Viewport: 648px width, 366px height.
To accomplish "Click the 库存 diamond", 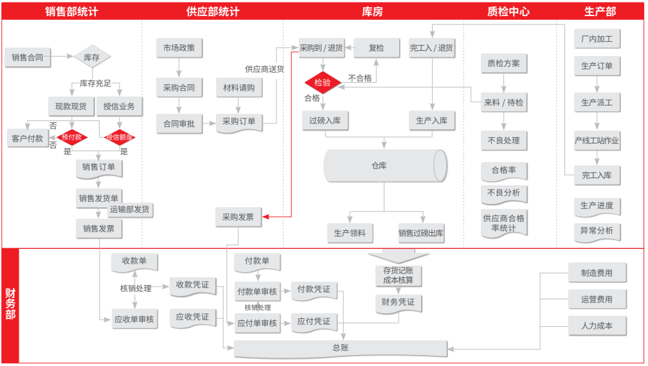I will pyautogui.click(x=92, y=57).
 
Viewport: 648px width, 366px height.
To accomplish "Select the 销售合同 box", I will pyautogui.click(x=28, y=57).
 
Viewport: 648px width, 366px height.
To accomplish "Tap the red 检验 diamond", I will pyautogui.click(x=322, y=82).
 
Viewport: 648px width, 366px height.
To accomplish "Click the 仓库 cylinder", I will pyautogui.click(x=384, y=166).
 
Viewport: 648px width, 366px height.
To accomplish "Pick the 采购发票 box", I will pyautogui.click(x=238, y=217).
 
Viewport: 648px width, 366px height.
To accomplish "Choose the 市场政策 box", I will pyautogui.click(x=179, y=48).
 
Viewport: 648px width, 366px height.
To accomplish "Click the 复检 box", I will pyautogui.click(x=376, y=48).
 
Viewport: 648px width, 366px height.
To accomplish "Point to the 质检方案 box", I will pyautogui.click(x=503, y=64).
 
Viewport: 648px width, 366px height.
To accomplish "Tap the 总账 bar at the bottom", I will pyautogui.click(x=341, y=348).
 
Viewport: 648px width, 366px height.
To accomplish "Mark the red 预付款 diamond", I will pyautogui.click(x=71, y=137).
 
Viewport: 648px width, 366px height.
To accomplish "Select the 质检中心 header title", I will pyautogui.click(x=509, y=11).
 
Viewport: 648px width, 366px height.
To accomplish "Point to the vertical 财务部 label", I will pyautogui.click(x=10, y=304).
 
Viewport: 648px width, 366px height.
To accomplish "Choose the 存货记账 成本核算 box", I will pyautogui.click(x=398, y=275).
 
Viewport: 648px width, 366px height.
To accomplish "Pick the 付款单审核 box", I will pyautogui.click(x=257, y=291).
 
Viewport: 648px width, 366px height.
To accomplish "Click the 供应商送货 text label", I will pyautogui.click(x=264, y=69).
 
